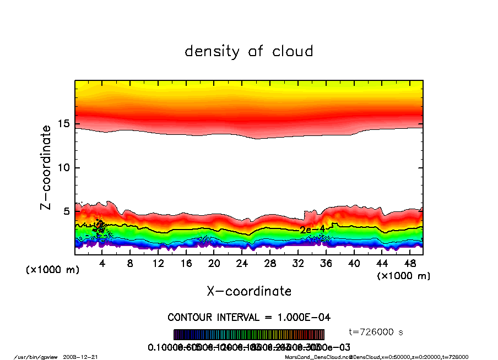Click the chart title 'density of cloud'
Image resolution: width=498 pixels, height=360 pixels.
[x=249, y=52]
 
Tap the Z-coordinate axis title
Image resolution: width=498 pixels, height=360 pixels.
[x=46, y=167]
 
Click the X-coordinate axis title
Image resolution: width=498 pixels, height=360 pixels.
[x=249, y=291]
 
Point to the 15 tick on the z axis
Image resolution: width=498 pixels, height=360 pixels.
[x=64, y=124]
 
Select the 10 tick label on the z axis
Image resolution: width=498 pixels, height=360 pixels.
[x=64, y=167]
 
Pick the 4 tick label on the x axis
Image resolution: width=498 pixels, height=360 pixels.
[x=102, y=264]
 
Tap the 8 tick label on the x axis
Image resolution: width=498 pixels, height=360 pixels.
[x=130, y=264]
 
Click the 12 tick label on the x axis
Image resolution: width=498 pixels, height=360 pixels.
[x=158, y=264]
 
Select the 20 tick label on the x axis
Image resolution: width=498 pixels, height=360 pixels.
[x=214, y=264]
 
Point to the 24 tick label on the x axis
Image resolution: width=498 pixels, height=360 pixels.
[x=242, y=264]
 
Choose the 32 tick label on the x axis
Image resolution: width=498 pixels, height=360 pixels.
[x=298, y=264]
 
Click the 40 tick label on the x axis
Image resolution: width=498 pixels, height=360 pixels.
[x=354, y=264]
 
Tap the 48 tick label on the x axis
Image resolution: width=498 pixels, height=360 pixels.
[x=409, y=264]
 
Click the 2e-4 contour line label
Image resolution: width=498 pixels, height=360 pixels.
[x=312, y=229]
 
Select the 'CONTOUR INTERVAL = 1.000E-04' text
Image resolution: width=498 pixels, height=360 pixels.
[x=249, y=317]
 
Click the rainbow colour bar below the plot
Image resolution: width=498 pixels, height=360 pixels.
[x=249, y=334]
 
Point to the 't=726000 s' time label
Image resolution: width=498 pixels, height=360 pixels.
[x=377, y=332]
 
